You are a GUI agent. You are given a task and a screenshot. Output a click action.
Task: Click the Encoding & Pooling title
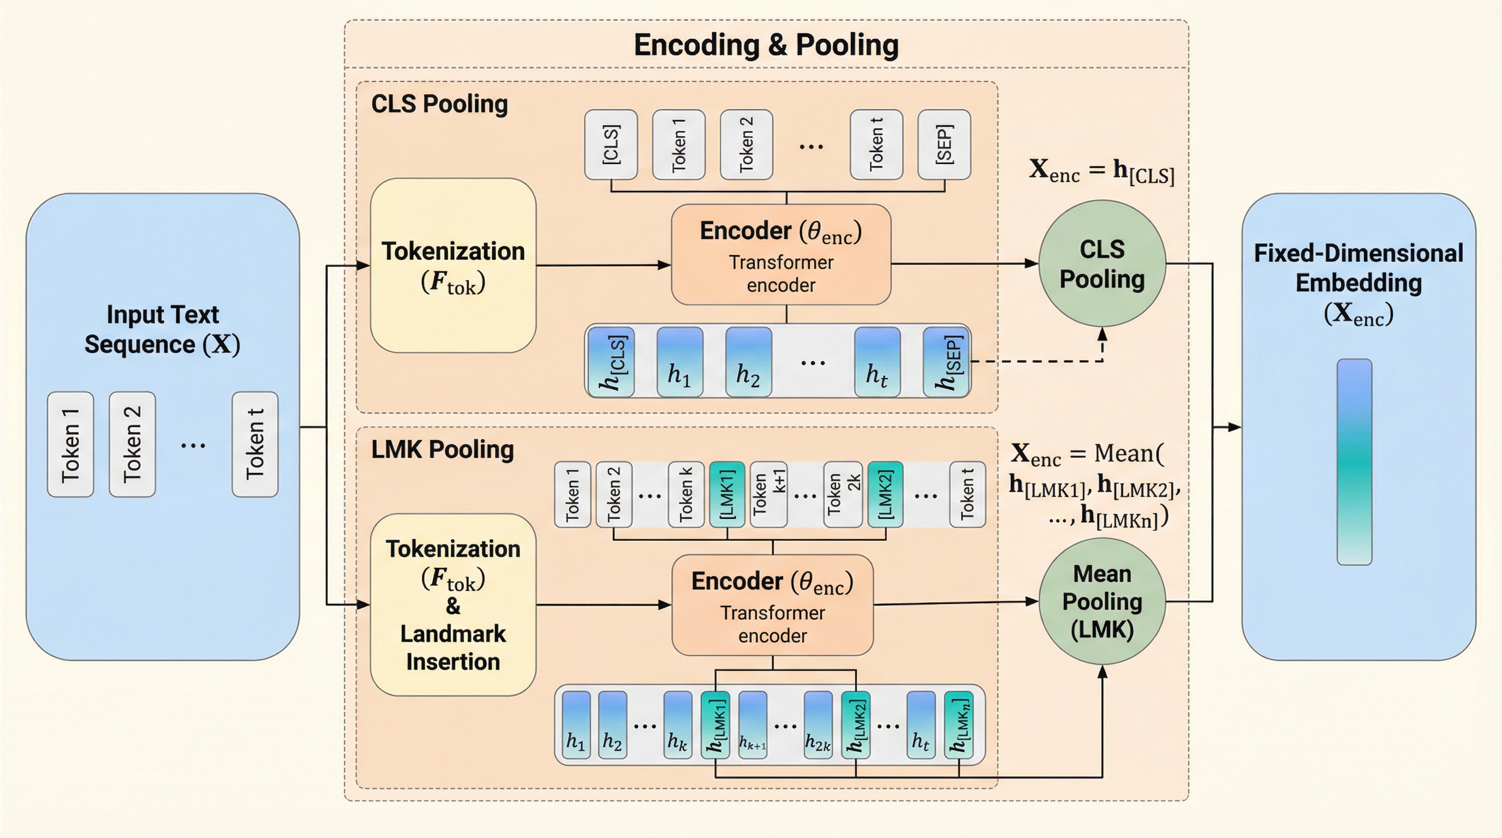(766, 45)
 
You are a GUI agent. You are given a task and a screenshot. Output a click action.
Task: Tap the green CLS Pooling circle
(1102, 264)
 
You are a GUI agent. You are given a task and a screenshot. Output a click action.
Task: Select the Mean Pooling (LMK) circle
(1102, 601)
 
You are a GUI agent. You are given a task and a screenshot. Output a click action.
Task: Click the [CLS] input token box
(611, 145)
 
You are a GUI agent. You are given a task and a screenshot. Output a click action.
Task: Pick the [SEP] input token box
(944, 145)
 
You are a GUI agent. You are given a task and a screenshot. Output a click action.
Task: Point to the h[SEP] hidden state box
(947, 362)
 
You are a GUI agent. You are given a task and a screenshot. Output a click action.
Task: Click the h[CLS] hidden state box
(611, 362)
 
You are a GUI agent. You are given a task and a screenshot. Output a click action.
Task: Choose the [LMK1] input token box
(726, 495)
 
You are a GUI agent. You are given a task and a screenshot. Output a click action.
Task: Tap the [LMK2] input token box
(885, 495)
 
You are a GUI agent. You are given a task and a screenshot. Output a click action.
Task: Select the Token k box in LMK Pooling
(686, 495)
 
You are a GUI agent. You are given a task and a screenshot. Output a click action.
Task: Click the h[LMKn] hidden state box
(958, 725)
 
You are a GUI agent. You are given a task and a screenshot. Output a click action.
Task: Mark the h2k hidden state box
(818, 725)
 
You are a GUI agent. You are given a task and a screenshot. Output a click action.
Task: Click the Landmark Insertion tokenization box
(453, 604)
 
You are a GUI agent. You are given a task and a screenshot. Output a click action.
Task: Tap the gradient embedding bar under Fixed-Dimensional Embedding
(1354, 462)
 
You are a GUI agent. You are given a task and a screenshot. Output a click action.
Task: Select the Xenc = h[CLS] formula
(1101, 171)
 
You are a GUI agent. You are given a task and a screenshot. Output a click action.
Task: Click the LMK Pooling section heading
(443, 450)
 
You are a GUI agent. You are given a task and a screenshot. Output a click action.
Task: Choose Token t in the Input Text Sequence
(255, 444)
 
